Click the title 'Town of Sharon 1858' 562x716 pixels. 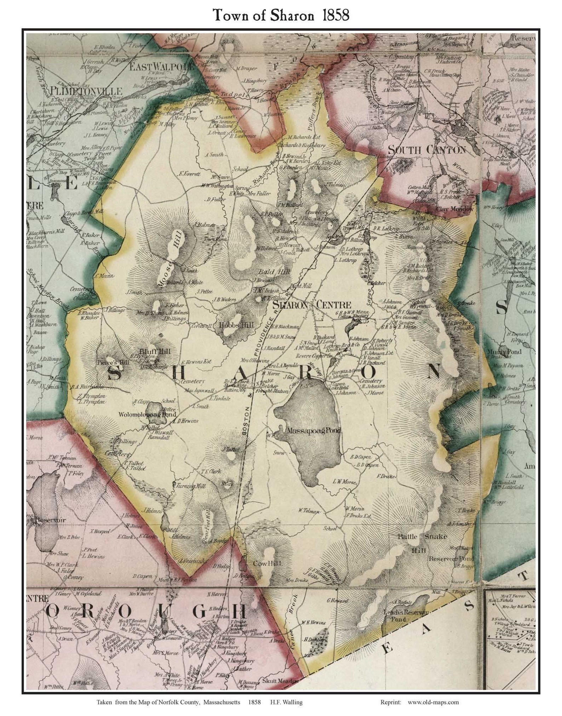pyautogui.click(x=281, y=16)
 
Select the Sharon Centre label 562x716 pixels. pyautogui.click(x=312, y=305)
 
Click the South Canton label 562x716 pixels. pyautogui.click(x=427, y=150)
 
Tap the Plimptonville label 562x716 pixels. pyautogui.click(x=86, y=91)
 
